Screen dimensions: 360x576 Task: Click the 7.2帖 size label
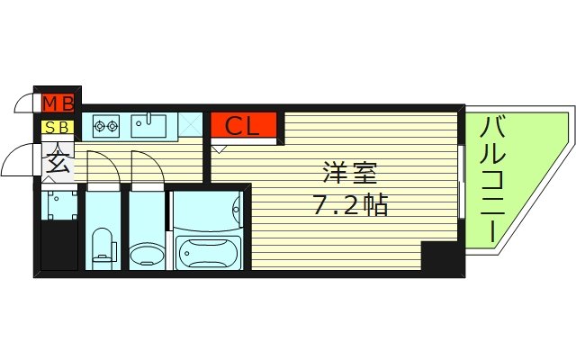[x=350, y=205]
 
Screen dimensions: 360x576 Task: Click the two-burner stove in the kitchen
[x=104, y=126]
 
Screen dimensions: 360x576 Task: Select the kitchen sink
[x=148, y=125]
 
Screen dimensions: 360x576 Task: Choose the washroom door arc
[x=146, y=166]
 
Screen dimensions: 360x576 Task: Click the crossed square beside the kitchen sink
[x=190, y=125]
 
